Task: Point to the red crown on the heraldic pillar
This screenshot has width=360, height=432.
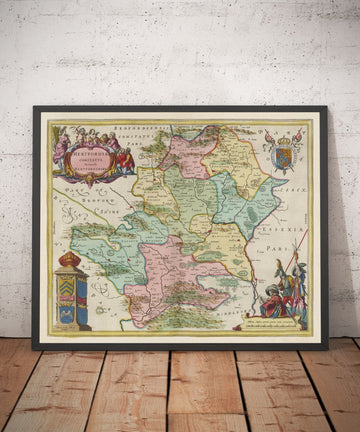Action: [70, 261]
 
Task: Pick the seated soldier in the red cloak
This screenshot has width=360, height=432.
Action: [272, 300]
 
